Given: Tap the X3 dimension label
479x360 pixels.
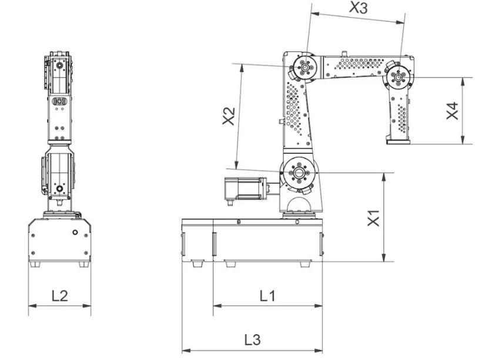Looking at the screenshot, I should point(359,8).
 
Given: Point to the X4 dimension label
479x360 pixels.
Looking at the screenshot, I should point(451,110).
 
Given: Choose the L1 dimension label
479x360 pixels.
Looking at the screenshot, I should point(267,296).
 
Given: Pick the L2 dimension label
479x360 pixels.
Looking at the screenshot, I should point(59,296).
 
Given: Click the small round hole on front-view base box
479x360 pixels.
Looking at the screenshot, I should point(74,232).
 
